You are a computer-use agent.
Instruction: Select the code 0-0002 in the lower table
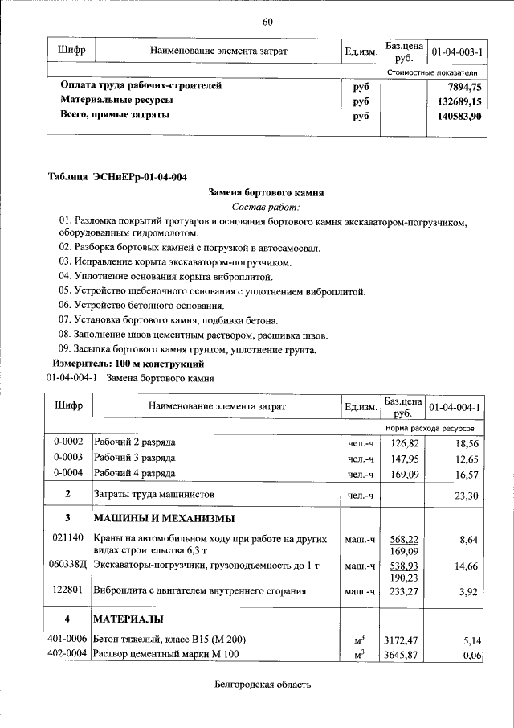(68, 443)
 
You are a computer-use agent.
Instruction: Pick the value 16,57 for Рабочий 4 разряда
(466, 474)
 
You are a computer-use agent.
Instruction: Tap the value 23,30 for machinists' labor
(466, 495)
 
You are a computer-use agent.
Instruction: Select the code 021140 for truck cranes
(68, 537)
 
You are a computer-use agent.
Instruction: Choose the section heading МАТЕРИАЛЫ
(129, 619)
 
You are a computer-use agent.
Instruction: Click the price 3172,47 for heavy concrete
(403, 640)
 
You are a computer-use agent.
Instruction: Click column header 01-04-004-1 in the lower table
(455, 408)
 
